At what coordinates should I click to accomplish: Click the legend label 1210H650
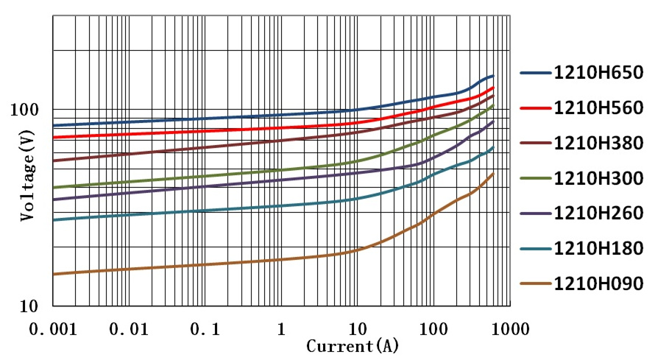pos(598,73)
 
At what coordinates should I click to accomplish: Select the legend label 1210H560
pos(598,108)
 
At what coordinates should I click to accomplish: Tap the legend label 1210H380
pos(598,144)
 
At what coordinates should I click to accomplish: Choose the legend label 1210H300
pos(598,179)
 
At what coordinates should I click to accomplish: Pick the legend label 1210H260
pos(598,213)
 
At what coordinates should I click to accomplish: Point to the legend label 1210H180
pos(598,249)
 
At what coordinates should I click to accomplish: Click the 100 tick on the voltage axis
pos(32,110)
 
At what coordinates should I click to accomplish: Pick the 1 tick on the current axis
pos(280,328)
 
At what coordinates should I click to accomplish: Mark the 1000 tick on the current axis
pos(509,328)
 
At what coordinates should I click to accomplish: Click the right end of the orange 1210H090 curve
pos(493,173)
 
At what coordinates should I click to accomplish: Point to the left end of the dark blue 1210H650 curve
pos(54,125)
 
